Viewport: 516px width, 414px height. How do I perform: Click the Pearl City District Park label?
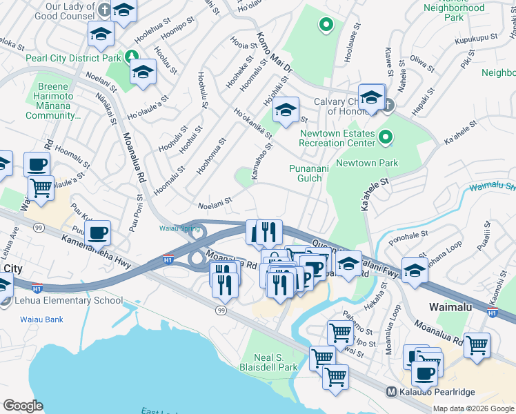click(72, 59)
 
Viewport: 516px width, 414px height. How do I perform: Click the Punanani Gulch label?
click(306, 174)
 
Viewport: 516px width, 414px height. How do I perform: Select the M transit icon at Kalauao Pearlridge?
click(391, 392)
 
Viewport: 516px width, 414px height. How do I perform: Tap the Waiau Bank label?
click(42, 319)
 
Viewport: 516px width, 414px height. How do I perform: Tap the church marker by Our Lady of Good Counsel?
click(103, 10)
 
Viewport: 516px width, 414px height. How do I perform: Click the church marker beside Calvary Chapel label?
click(388, 106)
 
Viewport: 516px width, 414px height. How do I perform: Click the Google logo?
click(23, 406)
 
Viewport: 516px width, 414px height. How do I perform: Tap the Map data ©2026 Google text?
click(473, 408)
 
